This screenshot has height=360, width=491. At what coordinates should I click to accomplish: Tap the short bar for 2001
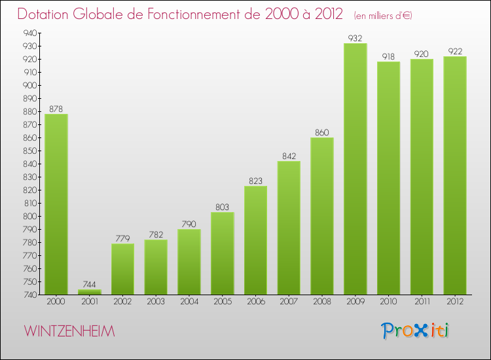(89, 292)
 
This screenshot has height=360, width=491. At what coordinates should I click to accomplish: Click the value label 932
(355, 38)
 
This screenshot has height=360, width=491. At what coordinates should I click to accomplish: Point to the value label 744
(89, 284)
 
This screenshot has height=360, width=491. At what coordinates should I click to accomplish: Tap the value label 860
(321, 132)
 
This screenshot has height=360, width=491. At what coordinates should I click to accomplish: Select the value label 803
(222, 207)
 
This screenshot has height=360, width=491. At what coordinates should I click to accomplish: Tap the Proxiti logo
(416, 331)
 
